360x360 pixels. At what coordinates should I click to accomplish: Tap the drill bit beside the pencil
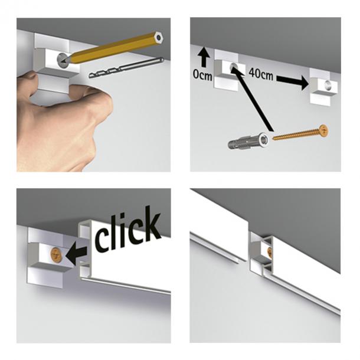(x=126, y=68)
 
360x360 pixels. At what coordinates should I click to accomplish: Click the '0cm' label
(x=202, y=75)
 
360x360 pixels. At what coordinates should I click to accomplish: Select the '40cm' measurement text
(x=261, y=74)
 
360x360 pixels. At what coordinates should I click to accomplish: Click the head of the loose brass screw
(x=323, y=130)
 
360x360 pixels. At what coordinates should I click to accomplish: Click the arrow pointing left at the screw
(x=76, y=254)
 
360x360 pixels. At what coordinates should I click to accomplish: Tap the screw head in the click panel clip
(x=55, y=253)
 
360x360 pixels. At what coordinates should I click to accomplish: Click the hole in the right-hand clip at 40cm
(x=327, y=85)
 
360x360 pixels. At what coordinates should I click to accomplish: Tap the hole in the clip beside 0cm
(x=234, y=67)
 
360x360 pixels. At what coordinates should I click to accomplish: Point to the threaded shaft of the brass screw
(x=296, y=135)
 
